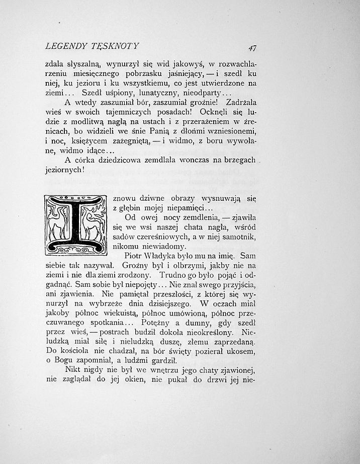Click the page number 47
coord(252,48)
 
